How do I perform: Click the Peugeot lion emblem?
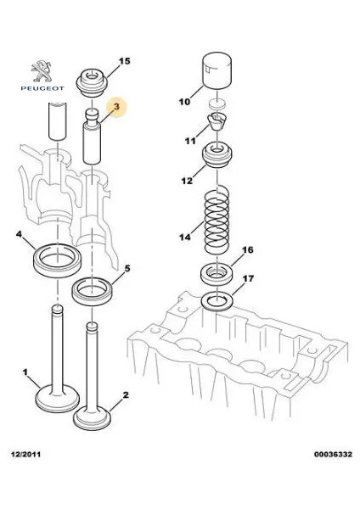(42, 71)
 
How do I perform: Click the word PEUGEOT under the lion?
(42, 88)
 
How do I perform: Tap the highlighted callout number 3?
(116, 106)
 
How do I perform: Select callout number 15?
(124, 61)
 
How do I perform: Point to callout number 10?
(184, 102)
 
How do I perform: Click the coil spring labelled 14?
(217, 220)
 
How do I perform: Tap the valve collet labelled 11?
(216, 121)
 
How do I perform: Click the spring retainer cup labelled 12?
(217, 155)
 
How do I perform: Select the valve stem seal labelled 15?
(92, 82)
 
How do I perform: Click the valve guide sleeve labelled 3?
(92, 137)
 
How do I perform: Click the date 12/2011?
(26, 454)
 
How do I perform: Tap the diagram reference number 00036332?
(333, 454)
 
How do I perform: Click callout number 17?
(248, 278)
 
